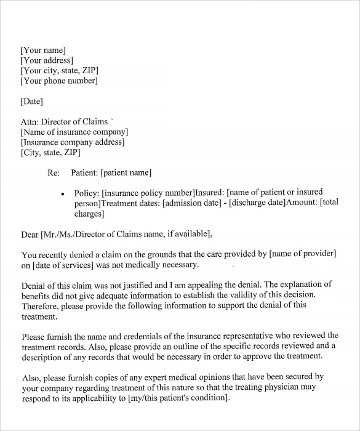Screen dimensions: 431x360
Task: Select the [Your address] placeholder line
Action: coord(47,60)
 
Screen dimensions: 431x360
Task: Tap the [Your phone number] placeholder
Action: coord(59,81)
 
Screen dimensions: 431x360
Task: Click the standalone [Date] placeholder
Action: coord(32,101)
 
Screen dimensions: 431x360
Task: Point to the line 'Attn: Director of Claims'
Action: coord(64,121)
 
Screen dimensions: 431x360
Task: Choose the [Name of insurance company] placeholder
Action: coord(74,132)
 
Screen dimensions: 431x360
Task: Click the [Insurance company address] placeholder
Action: coord(73,142)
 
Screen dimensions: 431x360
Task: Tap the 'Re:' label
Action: coord(54,172)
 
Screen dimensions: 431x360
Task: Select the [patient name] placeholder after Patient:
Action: coord(126,172)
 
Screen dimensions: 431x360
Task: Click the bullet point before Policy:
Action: coord(63,193)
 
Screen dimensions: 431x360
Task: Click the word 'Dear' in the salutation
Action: coord(30,233)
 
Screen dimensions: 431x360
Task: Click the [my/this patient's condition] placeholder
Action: coord(178,397)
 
